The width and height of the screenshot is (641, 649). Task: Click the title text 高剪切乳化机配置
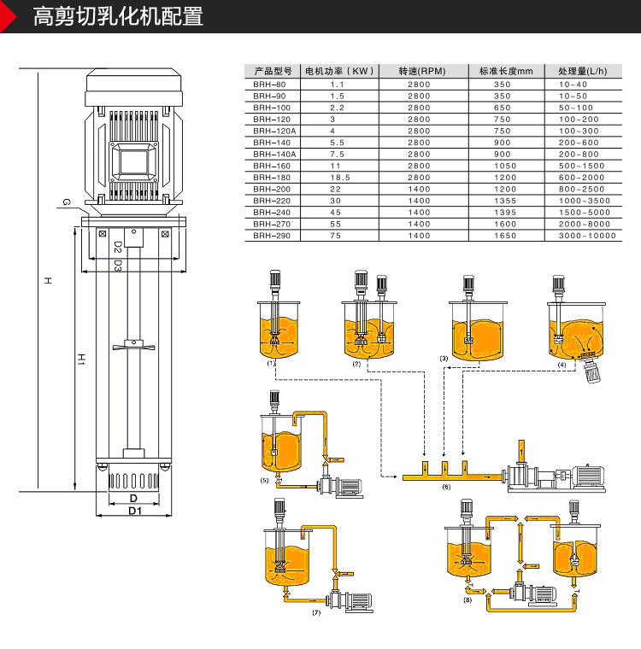click(118, 16)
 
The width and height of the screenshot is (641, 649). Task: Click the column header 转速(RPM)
click(419, 71)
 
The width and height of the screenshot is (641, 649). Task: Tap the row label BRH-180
click(271, 177)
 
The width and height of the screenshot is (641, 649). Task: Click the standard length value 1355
click(505, 200)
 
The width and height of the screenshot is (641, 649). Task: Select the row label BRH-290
click(271, 235)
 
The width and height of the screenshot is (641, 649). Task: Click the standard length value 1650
click(505, 235)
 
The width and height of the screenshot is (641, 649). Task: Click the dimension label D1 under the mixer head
click(133, 511)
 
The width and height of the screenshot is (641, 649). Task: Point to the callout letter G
click(66, 202)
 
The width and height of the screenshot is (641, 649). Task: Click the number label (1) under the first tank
click(271, 364)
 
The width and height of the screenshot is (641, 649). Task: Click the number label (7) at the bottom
click(316, 613)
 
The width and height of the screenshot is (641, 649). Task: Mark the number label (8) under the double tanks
click(467, 601)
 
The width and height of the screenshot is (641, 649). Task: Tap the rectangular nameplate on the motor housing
click(133, 159)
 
